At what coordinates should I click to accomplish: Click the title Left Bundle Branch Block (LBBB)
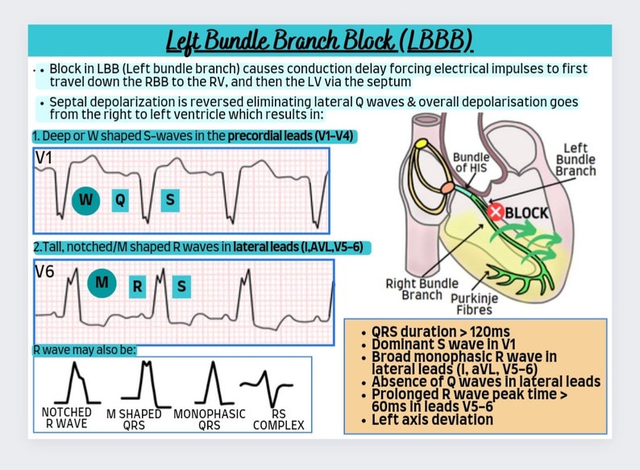pyautogui.click(x=319, y=40)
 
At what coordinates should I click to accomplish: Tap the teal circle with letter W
pyautogui.click(x=86, y=200)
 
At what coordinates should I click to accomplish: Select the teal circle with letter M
pyautogui.click(x=102, y=283)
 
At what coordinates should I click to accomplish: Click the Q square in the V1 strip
pyautogui.click(x=119, y=200)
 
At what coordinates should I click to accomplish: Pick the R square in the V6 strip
pyautogui.click(x=137, y=285)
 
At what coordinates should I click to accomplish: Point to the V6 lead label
pyautogui.click(x=46, y=272)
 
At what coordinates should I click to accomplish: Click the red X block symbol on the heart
pyautogui.click(x=497, y=212)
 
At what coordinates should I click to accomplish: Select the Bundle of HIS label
pyautogui.click(x=470, y=163)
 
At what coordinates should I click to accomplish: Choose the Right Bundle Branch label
pyautogui.click(x=422, y=289)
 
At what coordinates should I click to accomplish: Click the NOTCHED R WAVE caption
pyautogui.click(x=66, y=418)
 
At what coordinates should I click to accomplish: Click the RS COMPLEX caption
pyautogui.click(x=278, y=418)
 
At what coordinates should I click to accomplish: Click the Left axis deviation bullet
pyautogui.click(x=432, y=419)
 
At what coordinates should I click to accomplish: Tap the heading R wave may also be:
pyautogui.click(x=85, y=350)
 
